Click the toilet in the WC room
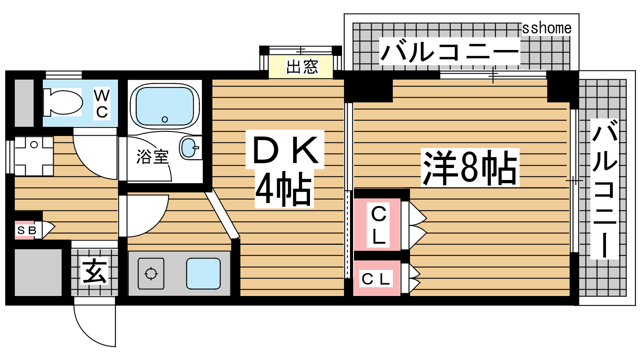(63, 102)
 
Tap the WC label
(102, 104)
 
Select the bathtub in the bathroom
(164, 106)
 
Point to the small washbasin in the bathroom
(189, 148)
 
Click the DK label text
(285, 150)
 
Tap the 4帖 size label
(284, 189)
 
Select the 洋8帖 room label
(470, 168)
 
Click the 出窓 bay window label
(302, 67)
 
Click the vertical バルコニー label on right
(604, 189)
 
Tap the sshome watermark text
(547, 28)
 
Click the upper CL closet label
(378, 225)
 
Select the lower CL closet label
(376, 279)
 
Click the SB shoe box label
(26, 230)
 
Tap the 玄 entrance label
(94, 270)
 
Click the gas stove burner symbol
(151, 274)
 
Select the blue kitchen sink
(204, 274)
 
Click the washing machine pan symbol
(34, 156)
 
